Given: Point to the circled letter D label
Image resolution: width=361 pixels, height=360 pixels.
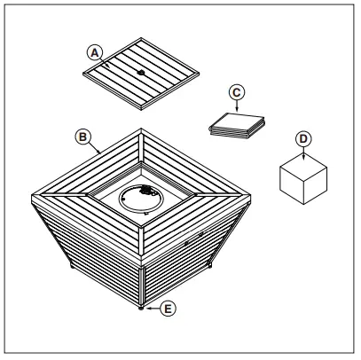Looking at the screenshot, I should click(x=303, y=139).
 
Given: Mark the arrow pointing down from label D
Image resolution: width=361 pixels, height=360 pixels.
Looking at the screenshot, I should click(x=303, y=153).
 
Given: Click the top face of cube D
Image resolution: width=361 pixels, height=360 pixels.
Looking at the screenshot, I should click(x=304, y=162).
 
